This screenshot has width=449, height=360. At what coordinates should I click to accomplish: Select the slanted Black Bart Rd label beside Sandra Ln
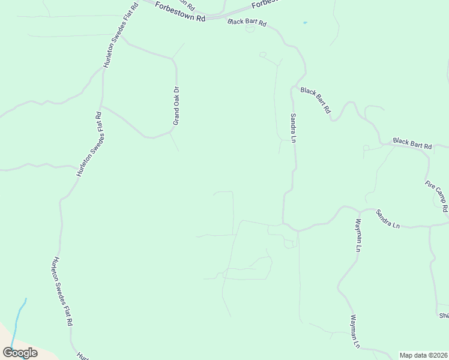pos(316,100)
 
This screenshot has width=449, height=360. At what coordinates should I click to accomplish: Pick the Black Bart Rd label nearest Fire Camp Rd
pos(412,143)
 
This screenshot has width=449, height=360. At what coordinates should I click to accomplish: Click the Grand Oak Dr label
pos(176,106)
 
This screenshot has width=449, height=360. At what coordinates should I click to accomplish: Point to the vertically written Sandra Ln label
pos(294,128)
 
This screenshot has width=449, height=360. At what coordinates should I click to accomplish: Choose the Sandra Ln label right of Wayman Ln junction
pos(388,219)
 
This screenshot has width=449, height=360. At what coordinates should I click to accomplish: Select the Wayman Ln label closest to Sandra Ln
pos(359,235)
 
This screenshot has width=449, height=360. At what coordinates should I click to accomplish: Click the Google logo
pos(20,353)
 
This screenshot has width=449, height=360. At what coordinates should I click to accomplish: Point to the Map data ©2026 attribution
pos(423,355)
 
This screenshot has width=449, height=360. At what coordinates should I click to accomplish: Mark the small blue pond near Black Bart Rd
pos(305,23)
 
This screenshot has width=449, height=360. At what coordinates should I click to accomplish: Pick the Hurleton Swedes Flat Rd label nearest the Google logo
pos(62,291)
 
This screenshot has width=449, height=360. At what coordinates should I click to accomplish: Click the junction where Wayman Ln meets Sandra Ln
pos(359,211)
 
